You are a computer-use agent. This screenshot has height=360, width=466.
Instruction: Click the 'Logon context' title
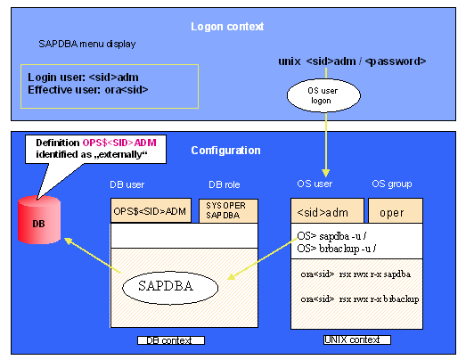(227, 27)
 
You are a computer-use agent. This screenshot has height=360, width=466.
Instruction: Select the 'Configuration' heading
(225, 151)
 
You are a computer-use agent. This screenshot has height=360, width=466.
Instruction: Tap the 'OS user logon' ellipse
(323, 95)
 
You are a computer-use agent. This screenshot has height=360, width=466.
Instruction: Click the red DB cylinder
(39, 220)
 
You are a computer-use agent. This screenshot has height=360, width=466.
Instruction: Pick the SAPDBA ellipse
(170, 288)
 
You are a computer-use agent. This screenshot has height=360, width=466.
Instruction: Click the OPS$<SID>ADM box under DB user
(151, 211)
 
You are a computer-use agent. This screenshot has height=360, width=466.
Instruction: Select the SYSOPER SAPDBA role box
(228, 211)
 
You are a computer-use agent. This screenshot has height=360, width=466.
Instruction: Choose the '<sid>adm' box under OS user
(327, 211)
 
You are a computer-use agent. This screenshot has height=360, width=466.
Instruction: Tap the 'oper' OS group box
(396, 211)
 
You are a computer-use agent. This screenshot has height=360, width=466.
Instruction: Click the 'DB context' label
(171, 340)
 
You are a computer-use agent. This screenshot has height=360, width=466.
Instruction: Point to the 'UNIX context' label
(357, 340)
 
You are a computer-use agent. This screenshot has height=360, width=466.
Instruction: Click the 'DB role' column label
(225, 184)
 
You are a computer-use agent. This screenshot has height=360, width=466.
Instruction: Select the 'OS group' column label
(392, 184)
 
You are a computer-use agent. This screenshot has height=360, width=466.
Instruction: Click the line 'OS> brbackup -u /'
(337, 249)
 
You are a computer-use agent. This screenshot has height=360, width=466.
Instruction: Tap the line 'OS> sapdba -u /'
(331, 236)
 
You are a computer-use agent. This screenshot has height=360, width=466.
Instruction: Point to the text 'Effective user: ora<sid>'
(88, 90)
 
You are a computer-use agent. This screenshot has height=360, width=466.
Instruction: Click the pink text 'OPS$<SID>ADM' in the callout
(119, 143)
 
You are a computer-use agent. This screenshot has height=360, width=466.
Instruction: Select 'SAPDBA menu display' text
(87, 45)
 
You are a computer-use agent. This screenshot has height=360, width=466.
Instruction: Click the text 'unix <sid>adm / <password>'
(352, 61)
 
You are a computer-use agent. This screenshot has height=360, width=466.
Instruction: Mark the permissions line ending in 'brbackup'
(360, 299)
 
